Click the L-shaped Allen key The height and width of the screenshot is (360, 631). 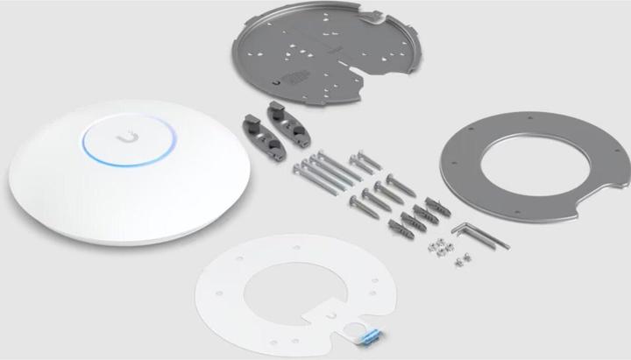(478, 235)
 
